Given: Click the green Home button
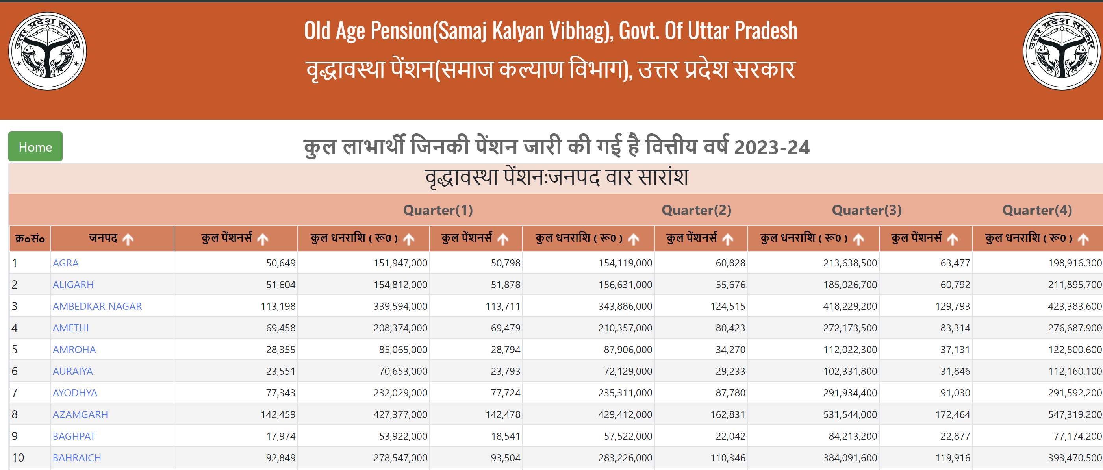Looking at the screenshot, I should click(35, 147).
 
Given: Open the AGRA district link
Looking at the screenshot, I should click(65, 263).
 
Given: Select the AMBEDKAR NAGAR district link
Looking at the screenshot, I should click(97, 306).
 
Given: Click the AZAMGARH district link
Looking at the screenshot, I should click(80, 414).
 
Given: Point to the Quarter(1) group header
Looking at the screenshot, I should click(437, 210).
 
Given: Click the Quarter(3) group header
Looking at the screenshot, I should click(866, 210).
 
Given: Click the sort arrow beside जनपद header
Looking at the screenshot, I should click(128, 239).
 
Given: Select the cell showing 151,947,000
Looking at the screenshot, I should click(400, 263).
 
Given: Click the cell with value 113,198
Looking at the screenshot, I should click(278, 306).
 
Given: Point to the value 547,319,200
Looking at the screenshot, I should click(1074, 414).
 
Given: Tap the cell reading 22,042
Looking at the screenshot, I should click(730, 436).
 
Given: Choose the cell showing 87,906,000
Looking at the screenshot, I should click(628, 350).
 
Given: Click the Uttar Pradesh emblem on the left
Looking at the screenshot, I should click(48, 51).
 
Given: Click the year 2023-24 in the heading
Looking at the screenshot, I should click(771, 148).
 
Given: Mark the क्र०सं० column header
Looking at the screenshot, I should click(30, 239).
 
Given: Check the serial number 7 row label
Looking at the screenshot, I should click(15, 392).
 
